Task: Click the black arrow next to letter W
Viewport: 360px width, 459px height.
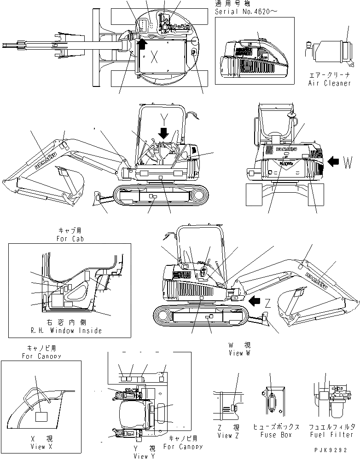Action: coord(336,161)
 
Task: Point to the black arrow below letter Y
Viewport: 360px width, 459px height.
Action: coord(163,132)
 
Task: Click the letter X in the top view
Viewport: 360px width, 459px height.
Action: coord(155,57)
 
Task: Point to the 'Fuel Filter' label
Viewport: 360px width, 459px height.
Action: coord(331,435)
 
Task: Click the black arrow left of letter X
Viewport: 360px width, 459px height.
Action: coord(142,44)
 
